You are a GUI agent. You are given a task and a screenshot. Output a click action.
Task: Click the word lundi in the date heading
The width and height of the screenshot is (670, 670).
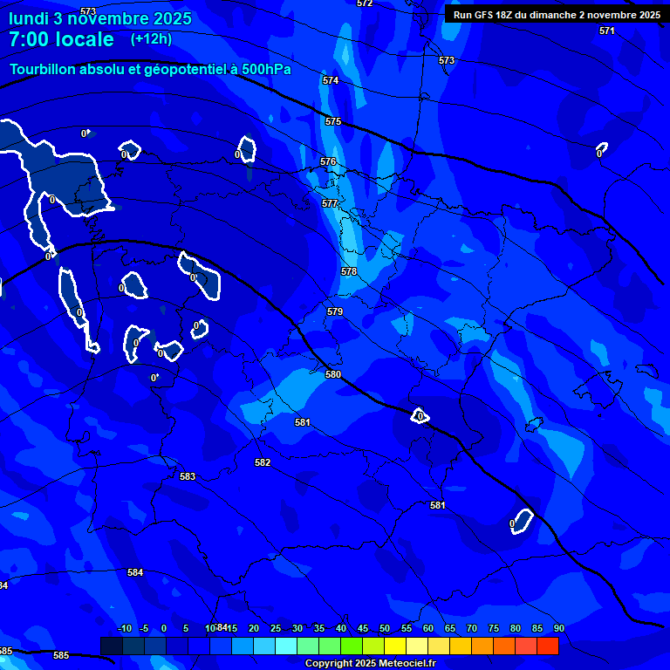pos(30,17)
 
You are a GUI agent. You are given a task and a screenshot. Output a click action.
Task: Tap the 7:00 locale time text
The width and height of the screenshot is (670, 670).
pos(61,39)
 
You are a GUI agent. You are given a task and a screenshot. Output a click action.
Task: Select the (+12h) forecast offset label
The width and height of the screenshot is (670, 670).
pos(151,38)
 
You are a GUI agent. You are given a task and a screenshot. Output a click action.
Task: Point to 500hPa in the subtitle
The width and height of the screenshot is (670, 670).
pos(266,69)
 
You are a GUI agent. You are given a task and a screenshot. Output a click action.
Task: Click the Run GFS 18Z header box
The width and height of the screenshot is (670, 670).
pos(557,14)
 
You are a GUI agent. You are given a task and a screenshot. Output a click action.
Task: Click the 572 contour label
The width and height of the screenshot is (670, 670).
pos(365,3)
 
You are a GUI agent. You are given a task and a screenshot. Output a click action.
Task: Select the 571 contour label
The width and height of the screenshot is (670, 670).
pos(607,31)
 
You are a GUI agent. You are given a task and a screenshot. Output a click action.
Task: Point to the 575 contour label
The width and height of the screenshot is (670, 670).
pos(333,121)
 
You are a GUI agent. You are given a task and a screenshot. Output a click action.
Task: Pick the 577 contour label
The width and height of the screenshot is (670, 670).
pos(330,203)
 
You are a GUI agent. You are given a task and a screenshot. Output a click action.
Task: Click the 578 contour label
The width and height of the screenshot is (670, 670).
pos(349,271)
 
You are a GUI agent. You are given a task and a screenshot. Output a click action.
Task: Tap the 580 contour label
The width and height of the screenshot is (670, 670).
pos(333,374)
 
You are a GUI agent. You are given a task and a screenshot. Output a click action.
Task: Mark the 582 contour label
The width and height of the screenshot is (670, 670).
pos(263,462)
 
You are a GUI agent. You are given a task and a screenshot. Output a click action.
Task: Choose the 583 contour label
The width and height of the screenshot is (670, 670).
pos(188,476)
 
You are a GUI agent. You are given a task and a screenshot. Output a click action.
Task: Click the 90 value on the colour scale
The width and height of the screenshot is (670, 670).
pos(558,629)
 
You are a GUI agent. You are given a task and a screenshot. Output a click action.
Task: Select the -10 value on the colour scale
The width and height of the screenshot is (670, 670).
pos(124,629)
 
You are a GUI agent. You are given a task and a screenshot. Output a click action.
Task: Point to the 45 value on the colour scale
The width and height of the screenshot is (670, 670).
pos(362,629)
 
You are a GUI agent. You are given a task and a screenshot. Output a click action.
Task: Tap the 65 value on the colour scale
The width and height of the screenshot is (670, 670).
pos(449,629)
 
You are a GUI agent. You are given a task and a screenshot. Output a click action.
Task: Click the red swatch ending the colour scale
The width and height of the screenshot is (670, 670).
pos(547,646)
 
